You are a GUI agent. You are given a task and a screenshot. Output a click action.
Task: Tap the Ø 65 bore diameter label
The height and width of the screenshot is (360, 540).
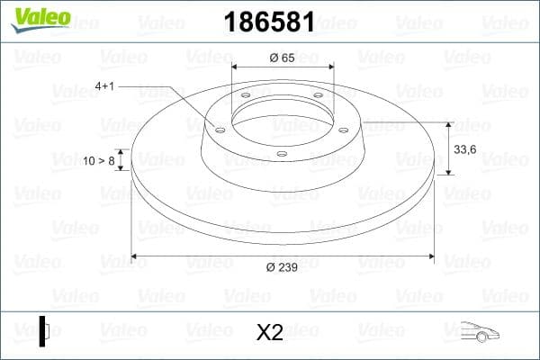click(x=283, y=57)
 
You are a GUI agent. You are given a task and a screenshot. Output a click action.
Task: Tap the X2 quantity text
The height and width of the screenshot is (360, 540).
click(x=269, y=332)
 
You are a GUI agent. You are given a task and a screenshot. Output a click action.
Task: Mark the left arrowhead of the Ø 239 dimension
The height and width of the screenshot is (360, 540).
click(x=135, y=257)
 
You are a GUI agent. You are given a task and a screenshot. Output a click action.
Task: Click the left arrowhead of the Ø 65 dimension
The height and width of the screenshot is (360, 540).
click(x=236, y=67)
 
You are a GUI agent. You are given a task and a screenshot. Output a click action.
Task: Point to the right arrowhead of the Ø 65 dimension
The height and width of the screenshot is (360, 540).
click(x=331, y=67)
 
